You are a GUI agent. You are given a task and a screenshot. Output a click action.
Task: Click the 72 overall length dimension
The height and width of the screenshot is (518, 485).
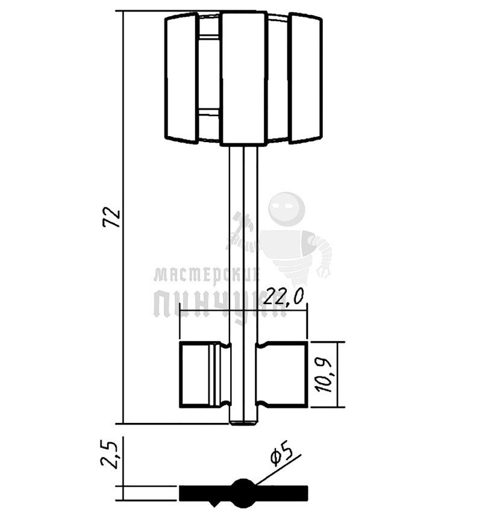tap(111, 217)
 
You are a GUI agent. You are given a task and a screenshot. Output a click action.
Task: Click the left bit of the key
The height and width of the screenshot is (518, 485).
tap(205, 374)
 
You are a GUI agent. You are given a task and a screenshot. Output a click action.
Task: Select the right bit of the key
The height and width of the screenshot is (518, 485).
tap(282, 374)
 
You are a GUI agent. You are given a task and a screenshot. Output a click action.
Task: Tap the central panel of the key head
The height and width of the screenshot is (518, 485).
tap(244, 78)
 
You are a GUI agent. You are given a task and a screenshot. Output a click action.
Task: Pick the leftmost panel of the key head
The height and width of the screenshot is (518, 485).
tap(182, 78)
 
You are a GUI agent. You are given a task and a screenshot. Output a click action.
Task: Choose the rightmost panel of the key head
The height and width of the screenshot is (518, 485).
tap(305, 78)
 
